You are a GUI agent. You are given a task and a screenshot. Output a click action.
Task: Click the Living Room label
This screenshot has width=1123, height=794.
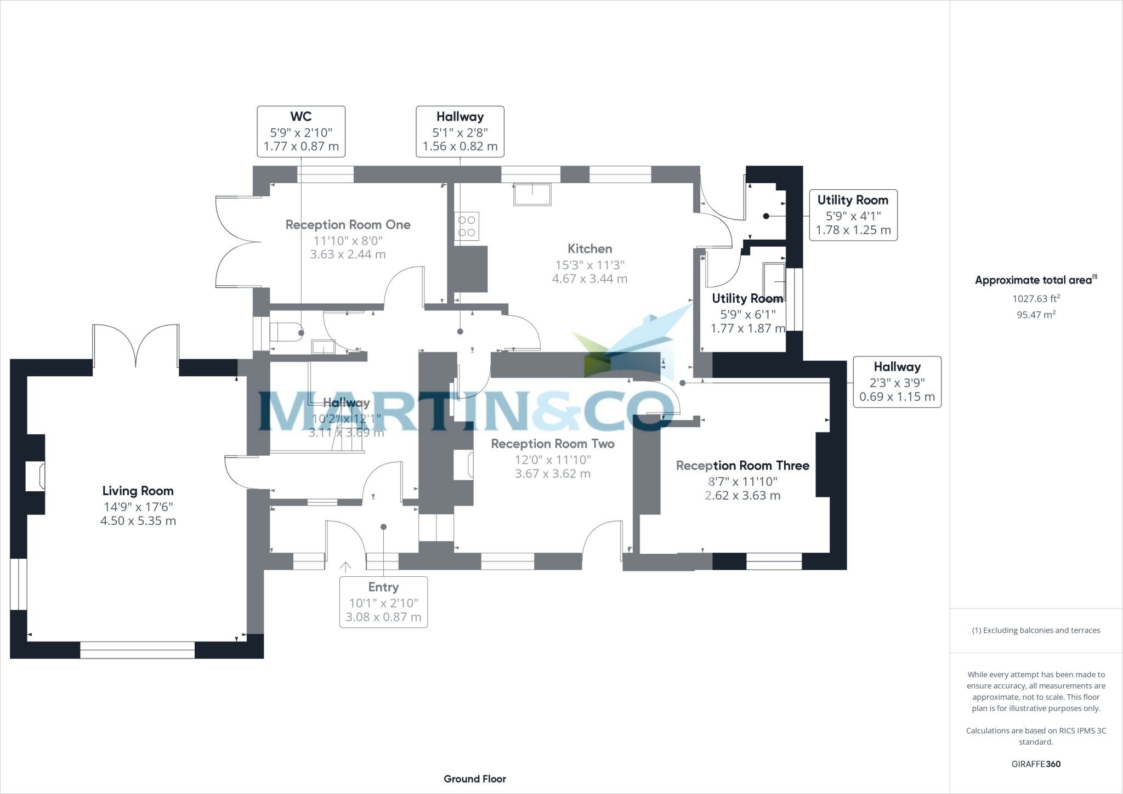point(138,491)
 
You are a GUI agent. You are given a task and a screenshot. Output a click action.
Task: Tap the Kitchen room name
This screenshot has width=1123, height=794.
point(589,248)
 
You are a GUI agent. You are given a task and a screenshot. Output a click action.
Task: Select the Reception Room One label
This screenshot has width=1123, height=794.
point(348,224)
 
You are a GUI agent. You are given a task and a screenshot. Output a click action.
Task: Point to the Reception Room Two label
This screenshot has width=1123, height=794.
point(552,444)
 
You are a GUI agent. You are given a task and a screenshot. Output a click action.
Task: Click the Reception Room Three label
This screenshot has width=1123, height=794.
point(742,466)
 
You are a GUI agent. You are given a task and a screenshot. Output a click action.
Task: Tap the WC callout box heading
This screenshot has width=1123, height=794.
point(301,116)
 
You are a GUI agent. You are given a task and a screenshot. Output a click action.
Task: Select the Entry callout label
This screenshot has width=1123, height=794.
point(383,587)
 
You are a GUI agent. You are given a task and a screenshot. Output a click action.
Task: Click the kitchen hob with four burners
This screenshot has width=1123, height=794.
point(467,226)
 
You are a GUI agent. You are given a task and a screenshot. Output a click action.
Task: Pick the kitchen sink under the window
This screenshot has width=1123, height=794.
point(532,195)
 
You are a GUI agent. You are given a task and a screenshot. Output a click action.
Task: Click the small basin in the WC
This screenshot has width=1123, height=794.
point(323,347)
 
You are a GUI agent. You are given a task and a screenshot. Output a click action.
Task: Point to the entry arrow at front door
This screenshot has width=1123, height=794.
point(345,567)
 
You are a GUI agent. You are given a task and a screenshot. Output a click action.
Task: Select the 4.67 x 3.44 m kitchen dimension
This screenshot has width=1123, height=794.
point(589,279)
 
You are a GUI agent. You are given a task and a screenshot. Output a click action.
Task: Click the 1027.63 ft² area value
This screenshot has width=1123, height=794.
point(1036,299)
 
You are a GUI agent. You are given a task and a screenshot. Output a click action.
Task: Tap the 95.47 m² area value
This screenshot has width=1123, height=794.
point(1036,315)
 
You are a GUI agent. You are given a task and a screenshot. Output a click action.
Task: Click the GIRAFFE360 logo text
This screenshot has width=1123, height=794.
point(1036,764)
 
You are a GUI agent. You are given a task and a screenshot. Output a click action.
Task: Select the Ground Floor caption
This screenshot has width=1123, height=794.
point(475,779)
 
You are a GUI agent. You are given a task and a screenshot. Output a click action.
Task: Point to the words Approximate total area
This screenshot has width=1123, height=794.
point(1033,280)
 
